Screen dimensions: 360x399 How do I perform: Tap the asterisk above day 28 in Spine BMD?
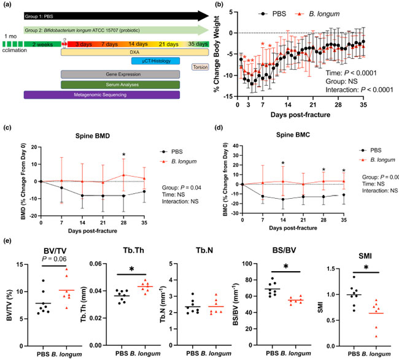coord(125,154)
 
